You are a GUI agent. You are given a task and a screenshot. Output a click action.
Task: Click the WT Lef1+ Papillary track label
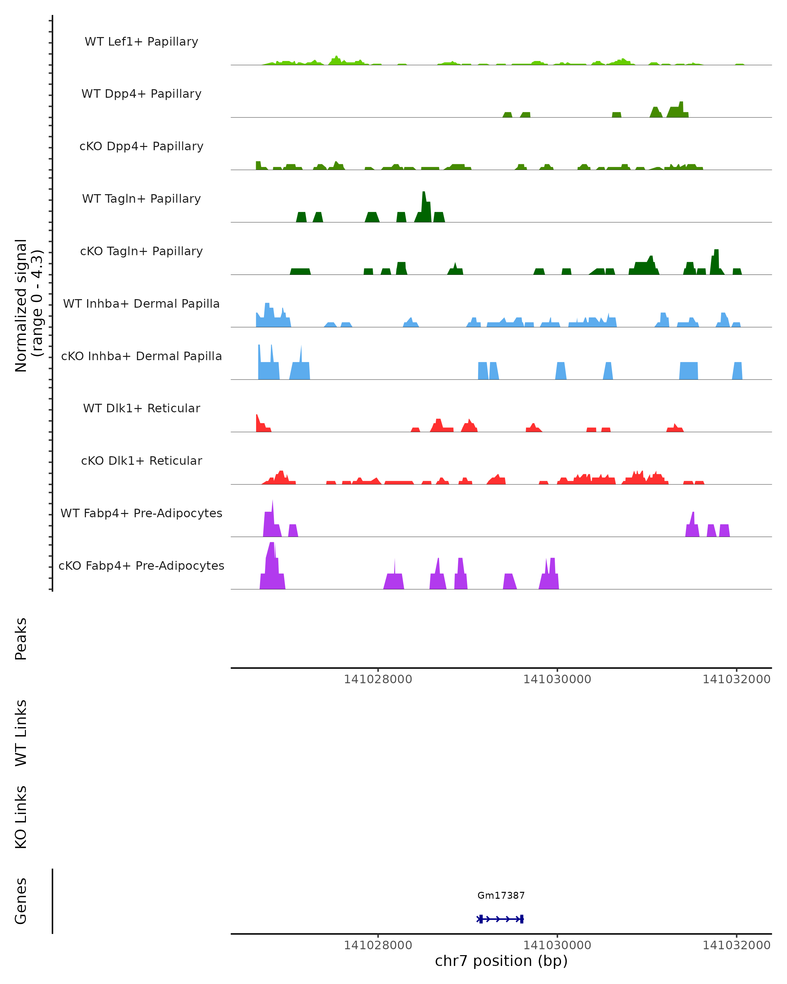[x=141, y=42]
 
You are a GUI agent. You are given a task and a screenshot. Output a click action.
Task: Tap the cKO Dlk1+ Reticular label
[x=141, y=461]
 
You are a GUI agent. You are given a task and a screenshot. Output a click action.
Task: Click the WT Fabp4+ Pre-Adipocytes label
[x=141, y=513]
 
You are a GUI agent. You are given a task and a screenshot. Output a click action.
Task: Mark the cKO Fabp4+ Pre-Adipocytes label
[x=141, y=565]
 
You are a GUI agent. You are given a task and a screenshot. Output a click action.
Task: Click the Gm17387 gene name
[x=501, y=895]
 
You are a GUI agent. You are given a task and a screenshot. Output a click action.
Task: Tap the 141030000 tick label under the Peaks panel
[x=557, y=679]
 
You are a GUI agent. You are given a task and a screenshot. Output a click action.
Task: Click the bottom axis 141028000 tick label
[x=378, y=945]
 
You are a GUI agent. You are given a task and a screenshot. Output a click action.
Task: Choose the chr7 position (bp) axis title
[x=501, y=961]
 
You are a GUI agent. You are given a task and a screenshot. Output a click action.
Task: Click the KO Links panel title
[x=21, y=817]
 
